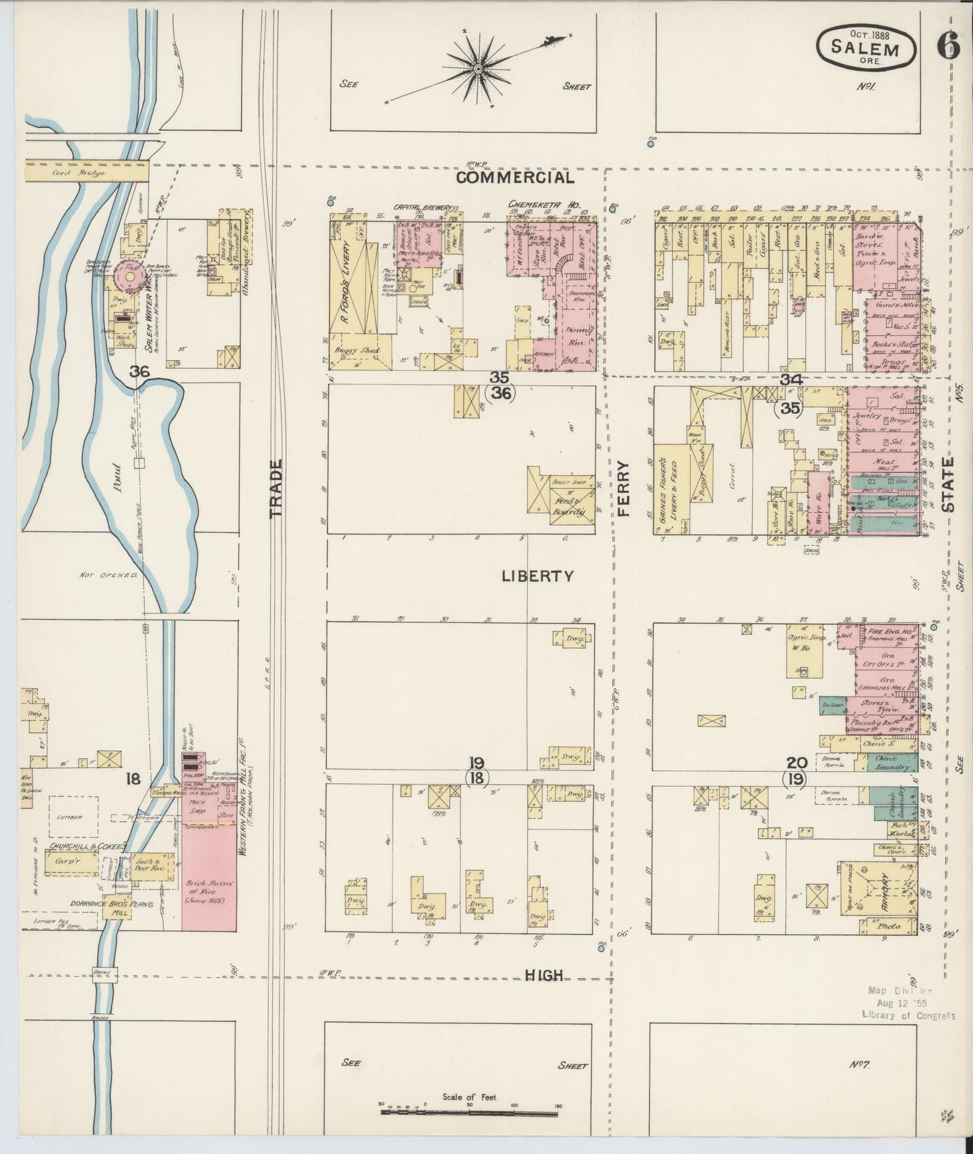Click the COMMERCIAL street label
515,178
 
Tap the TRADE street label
276,488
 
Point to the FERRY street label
622,488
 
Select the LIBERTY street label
537,576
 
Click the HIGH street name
543,975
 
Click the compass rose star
478,69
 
